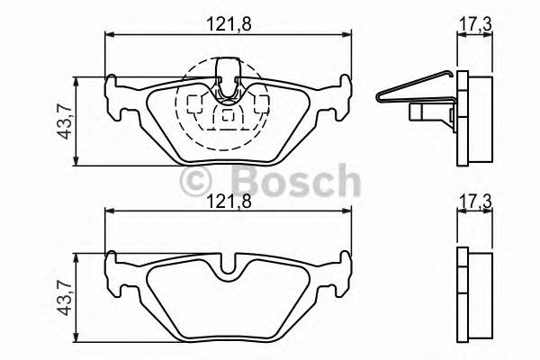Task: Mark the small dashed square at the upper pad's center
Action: (226, 115)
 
